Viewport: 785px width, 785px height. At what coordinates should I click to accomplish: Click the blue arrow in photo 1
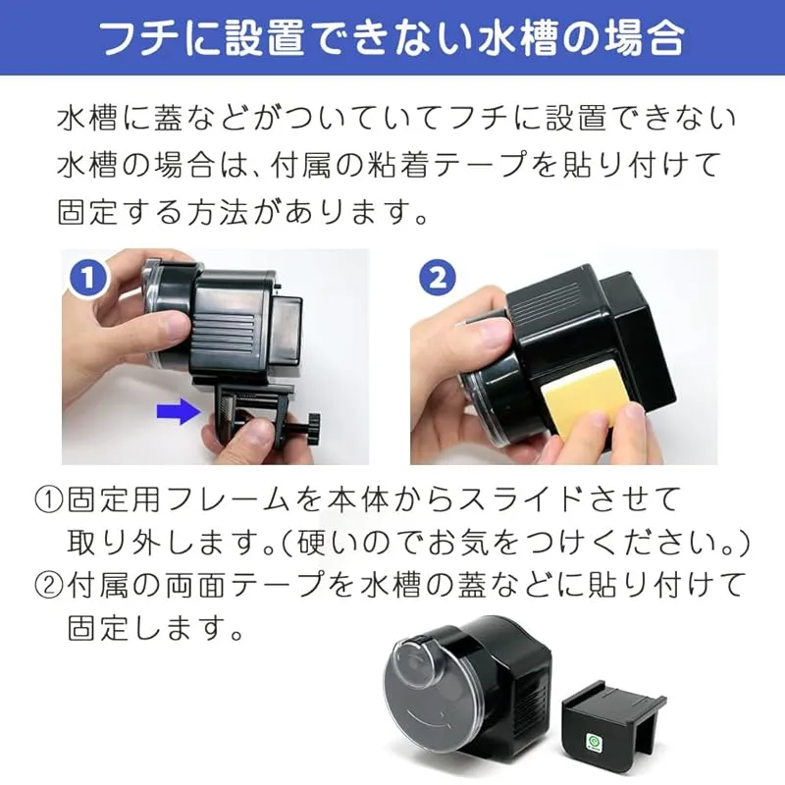pos(179,410)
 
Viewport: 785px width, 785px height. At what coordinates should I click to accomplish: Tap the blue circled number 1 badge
pos(88,279)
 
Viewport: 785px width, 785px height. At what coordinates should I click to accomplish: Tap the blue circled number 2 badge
pos(438,279)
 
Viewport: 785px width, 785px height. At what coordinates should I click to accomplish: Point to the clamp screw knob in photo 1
pos(312,428)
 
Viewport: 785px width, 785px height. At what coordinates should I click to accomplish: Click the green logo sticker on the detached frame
pos(594,742)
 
